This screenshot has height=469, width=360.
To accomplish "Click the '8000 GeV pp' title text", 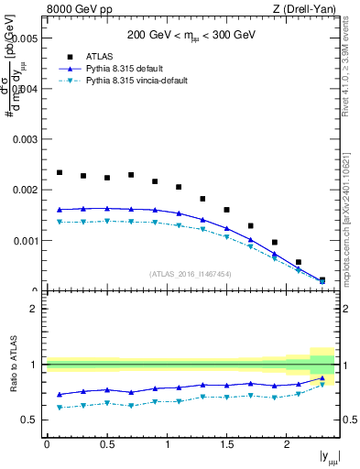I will pos(78,10).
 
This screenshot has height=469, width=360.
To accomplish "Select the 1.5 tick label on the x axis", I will pos(227,445).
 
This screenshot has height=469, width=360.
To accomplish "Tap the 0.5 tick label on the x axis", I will pos(106,445).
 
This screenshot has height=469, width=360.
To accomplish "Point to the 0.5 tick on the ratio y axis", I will pos(29,420).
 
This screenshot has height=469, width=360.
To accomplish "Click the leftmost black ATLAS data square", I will pos(60,172).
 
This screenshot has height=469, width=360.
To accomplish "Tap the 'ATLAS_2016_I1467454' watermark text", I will pos(191,274).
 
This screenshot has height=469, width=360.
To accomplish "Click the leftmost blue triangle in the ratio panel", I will pos(60,395).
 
